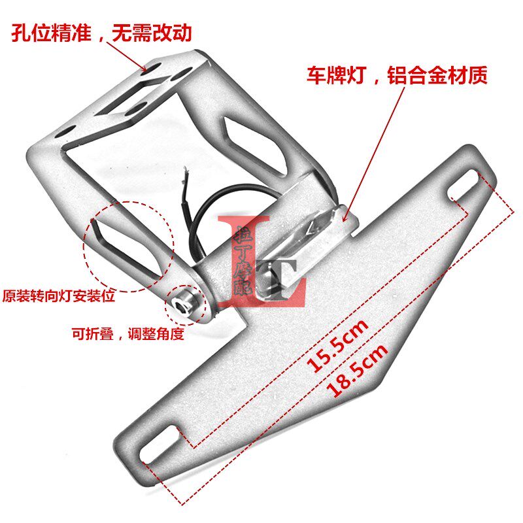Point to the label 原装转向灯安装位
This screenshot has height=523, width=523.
coord(59,296)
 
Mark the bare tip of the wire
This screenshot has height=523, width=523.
coord(187,171)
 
